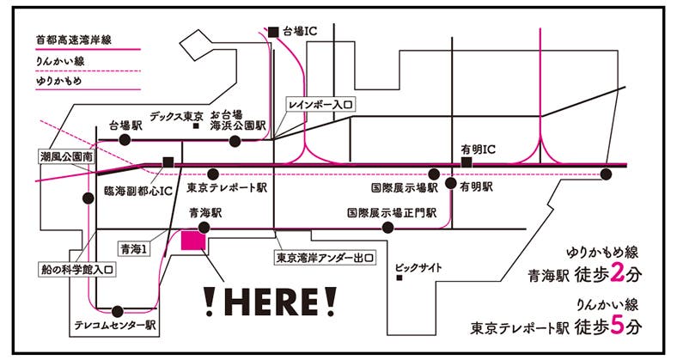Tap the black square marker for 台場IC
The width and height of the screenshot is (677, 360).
tap(273, 32)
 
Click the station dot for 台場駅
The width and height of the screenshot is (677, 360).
tap(125, 138)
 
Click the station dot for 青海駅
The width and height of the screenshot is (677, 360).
tap(204, 228)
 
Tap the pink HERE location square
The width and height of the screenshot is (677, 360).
tap(192, 241)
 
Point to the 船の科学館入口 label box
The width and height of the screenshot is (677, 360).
tap(76, 268)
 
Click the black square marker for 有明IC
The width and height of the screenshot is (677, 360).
tap(467, 162)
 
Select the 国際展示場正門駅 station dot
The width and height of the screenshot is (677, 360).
tap(388, 228)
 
